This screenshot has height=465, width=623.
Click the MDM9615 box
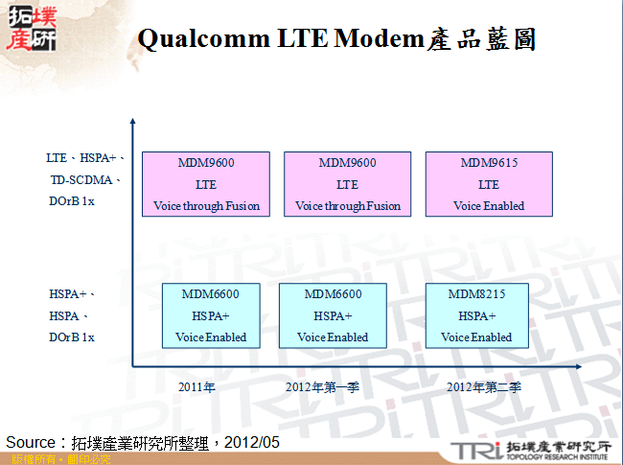pyautogui.click(x=489, y=184)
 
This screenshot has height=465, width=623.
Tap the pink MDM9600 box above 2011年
pyautogui.click(x=206, y=184)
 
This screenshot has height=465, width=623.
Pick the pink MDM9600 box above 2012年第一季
pyautogui.click(x=347, y=184)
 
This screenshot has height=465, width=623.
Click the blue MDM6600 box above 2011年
pyautogui.click(x=211, y=314)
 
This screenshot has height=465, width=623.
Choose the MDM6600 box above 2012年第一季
pyautogui.click(x=333, y=314)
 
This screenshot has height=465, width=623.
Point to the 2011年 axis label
pyautogui.click(x=196, y=387)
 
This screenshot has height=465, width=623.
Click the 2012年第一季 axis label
pyautogui.click(x=322, y=387)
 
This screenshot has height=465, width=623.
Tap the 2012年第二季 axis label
pyautogui.click(x=485, y=387)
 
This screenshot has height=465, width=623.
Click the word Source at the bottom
pyautogui.click(x=33, y=442)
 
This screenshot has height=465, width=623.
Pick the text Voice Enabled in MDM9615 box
pyautogui.click(x=489, y=206)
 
